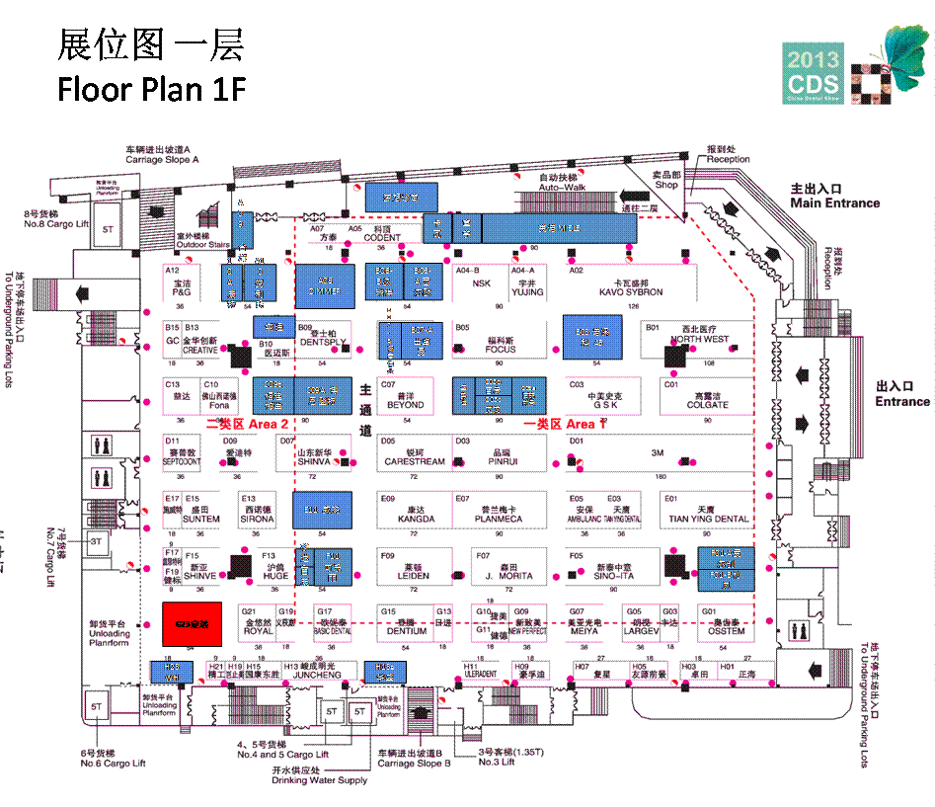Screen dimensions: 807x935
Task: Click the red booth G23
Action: tap(192, 623)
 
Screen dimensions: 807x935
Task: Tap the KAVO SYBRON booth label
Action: tap(630, 292)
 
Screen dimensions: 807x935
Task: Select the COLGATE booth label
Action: tap(707, 405)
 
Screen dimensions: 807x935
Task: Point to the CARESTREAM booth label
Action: tap(415, 461)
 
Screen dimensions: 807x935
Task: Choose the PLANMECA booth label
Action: tap(498, 519)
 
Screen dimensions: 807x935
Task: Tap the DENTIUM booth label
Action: tap(407, 631)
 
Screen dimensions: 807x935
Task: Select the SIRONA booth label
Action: tap(257, 519)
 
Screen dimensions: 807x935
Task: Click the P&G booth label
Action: tap(181, 292)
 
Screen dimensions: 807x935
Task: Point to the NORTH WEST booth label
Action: tap(700, 339)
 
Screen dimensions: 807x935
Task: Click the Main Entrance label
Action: tap(834, 202)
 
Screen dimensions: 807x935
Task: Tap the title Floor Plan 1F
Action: tap(151, 89)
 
